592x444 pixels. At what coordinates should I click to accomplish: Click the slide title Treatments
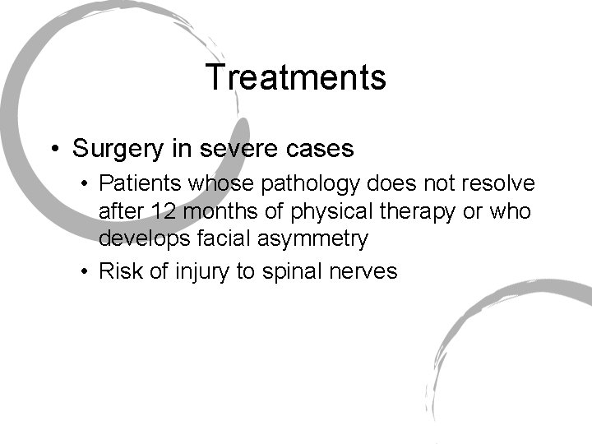296,78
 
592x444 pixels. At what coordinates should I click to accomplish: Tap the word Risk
117,272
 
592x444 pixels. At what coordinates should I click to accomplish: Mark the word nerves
364,272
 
